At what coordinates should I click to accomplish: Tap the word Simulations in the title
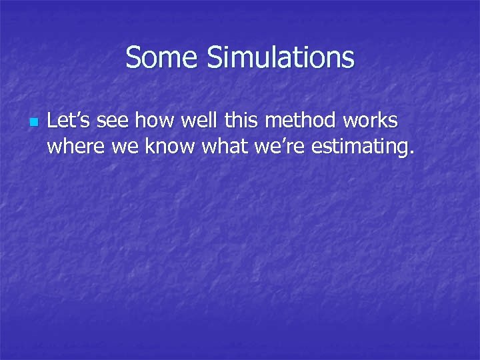tap(281, 57)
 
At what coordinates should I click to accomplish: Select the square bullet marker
tap(34, 123)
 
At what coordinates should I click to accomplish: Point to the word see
tap(116, 121)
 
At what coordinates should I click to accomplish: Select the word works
tap(369, 121)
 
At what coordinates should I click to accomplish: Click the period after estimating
tap(409, 152)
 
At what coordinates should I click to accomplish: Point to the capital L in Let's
tap(53, 121)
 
